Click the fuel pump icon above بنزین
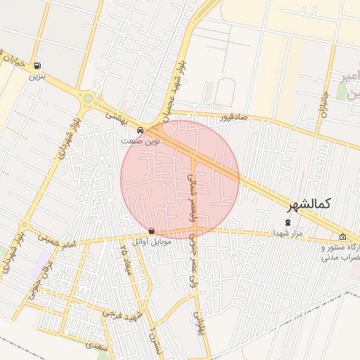37,66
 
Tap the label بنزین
37,77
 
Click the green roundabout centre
88,98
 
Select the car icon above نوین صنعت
141,130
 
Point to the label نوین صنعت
141,141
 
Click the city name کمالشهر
309,204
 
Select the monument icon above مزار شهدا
287,223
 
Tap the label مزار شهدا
288,233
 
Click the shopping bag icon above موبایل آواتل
151,231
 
